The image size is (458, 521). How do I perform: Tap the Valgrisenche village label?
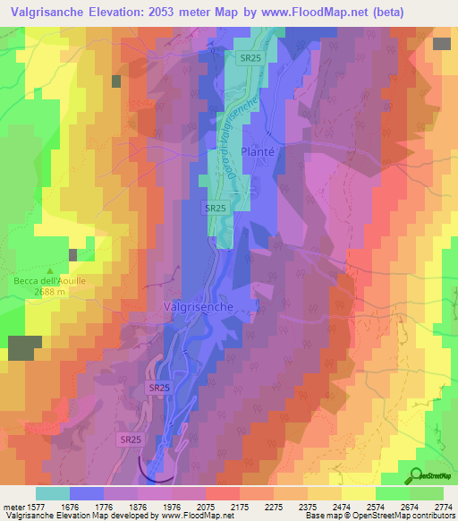coord(199,306)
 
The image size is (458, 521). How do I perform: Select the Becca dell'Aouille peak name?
coord(49,280)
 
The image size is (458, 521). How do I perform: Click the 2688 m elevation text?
coord(49,291)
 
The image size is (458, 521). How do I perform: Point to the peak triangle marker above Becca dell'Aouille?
coord(50,269)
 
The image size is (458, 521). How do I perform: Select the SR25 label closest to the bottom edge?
coord(131,440)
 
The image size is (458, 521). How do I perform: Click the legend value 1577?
coord(32,506)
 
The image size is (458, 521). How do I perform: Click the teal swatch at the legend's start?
coord(53,493)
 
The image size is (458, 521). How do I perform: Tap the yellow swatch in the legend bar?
coord(358,493)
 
